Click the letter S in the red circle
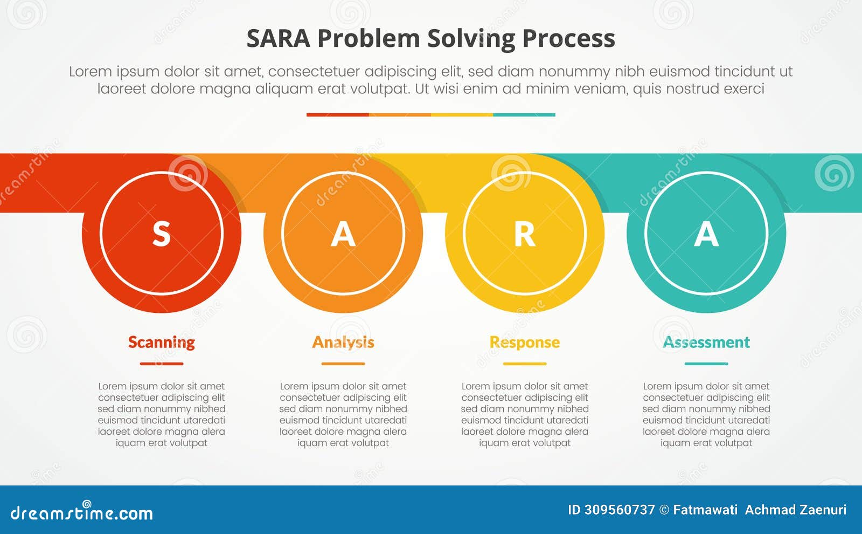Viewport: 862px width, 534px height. pos(161,234)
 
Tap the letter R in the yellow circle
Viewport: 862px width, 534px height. pos(524,234)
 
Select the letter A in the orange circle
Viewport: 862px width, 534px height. pos(343,234)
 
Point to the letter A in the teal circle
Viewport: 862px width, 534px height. pos(706,234)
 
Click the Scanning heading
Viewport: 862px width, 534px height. pos(161,342)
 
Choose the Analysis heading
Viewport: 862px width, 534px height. pos(343,342)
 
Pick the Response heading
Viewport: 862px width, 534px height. pos(524,342)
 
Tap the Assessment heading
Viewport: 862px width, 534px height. pos(706,342)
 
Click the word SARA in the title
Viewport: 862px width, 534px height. pos(278,39)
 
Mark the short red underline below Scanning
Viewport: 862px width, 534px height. pos(161,364)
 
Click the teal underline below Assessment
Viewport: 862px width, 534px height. pos(706,364)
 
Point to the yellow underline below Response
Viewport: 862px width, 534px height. pos(524,364)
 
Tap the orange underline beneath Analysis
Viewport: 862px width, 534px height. pos(343,364)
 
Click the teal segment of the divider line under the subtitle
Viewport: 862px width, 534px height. pos(524,114)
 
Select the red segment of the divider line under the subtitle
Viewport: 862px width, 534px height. pos(337,114)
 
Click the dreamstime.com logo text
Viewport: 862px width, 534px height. pos(82,512)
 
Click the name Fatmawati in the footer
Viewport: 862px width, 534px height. pos(705,510)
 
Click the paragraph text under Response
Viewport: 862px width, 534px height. pos(524,414)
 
